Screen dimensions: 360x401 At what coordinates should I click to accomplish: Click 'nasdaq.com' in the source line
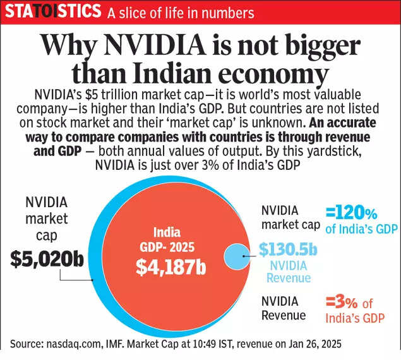[73, 344]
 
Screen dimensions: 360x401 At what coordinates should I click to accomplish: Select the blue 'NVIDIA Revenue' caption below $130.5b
[288, 272]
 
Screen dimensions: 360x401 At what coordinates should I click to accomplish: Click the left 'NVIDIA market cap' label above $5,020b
[45, 219]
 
